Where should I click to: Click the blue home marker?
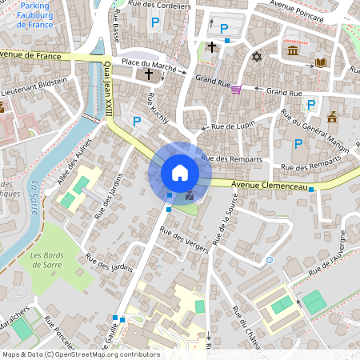180,173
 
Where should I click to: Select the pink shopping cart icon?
236,90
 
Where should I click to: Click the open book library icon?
320,62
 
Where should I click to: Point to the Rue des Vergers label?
185,240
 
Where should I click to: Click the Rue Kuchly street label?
158,108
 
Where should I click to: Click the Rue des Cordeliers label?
164,6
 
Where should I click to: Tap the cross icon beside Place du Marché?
149,74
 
